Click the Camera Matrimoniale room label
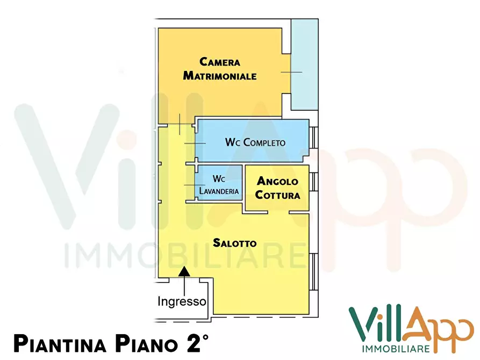click(219, 69)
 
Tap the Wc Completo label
click(255, 142)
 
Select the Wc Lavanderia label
click(219, 184)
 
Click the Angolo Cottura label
click(277, 188)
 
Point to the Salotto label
click(234, 243)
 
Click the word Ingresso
click(182, 301)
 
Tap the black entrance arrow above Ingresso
click(184, 272)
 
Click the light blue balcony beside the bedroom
click(304, 64)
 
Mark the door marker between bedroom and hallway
click(180, 125)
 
